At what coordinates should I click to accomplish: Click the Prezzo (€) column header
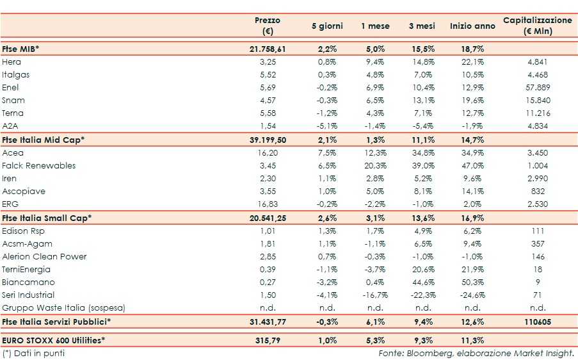click(x=268, y=26)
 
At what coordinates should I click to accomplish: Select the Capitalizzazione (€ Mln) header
click(x=537, y=26)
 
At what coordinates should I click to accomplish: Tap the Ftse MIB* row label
click(x=20, y=49)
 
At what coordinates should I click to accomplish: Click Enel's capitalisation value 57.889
click(x=538, y=88)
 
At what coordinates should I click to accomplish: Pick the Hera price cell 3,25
click(x=268, y=62)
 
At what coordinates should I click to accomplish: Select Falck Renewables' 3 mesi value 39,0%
click(x=422, y=165)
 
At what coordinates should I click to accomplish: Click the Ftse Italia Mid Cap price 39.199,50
click(x=268, y=140)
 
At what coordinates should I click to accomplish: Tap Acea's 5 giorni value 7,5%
click(x=327, y=153)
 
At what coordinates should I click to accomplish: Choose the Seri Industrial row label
click(x=28, y=295)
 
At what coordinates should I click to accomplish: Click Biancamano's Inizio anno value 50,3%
click(x=472, y=282)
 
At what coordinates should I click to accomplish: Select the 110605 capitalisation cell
click(x=538, y=322)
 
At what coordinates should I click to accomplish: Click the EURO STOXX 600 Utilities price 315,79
click(x=268, y=340)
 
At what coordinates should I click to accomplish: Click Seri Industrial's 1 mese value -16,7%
click(x=374, y=295)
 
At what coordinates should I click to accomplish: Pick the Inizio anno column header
click(x=472, y=26)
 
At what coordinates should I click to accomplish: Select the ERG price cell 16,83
click(x=268, y=204)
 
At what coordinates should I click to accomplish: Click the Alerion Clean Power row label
click(x=44, y=256)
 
